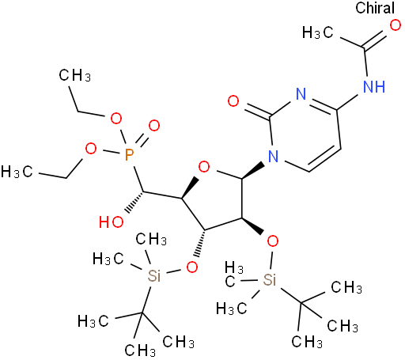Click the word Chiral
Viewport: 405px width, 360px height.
click(x=375, y=8)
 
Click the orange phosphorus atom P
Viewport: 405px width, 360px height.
click(x=129, y=154)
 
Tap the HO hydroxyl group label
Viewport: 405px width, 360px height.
click(x=112, y=222)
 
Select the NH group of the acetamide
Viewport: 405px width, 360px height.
click(x=374, y=86)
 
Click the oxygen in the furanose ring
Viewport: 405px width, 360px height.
click(x=204, y=167)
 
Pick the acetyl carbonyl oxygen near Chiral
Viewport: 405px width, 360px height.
click(x=395, y=26)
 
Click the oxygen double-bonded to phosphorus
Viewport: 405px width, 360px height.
click(x=154, y=126)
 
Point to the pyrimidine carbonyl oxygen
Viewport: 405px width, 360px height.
click(x=233, y=101)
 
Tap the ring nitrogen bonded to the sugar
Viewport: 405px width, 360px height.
click(x=273, y=156)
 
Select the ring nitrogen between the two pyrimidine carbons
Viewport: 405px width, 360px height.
click(x=301, y=93)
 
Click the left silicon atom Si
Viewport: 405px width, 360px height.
click(x=153, y=276)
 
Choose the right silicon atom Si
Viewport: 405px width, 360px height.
click(x=270, y=279)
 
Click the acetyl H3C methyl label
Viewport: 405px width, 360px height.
click(x=318, y=32)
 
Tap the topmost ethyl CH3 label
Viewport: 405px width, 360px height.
click(x=75, y=75)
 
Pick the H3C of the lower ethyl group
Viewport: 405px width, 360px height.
click(x=17, y=172)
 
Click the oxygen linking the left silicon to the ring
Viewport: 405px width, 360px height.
click(x=192, y=267)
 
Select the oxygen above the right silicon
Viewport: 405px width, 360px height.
click(x=272, y=241)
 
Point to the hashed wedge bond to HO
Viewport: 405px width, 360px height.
click(x=134, y=203)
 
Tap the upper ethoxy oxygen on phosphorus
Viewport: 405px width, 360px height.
click(x=116, y=118)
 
